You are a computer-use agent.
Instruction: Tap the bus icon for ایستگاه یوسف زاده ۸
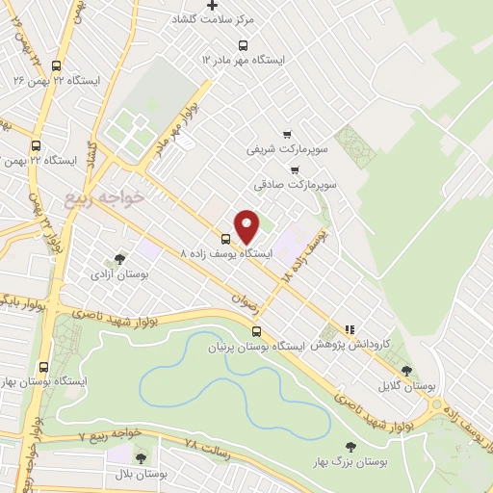pos(226,239)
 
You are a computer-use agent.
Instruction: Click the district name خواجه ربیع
pos(104,197)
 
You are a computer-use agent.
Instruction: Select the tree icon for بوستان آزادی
pos(119,259)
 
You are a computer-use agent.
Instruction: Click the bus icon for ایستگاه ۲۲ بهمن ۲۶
pos(56,65)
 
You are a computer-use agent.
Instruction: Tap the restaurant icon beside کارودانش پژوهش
pos(350,328)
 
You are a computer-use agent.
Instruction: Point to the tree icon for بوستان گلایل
pos(407,371)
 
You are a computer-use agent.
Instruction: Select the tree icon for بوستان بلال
pos(142,458)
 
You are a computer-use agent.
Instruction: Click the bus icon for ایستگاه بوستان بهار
pos(43,367)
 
